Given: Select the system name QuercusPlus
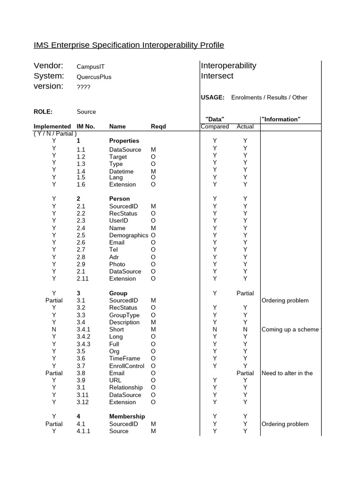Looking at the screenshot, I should tap(94, 77).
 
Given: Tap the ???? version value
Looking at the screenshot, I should tap(83, 87).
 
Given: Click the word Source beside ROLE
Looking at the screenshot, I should tap(86, 112).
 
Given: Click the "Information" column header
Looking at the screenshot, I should tap(281, 119).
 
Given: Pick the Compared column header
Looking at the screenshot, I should tap(215, 127).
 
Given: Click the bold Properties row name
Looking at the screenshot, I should tap(124, 141).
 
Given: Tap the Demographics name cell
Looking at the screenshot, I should tap(129, 235).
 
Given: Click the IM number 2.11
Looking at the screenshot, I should tap(83, 278).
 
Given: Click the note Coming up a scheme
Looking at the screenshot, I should tap(290, 330).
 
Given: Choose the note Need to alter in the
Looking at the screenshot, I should tap(287, 373).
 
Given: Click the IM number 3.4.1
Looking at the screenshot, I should tap(84, 330).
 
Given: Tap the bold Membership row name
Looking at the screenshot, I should tap(127, 416).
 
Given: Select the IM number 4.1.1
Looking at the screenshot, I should tap(84, 431).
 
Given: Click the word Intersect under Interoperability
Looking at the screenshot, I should tap(217, 76).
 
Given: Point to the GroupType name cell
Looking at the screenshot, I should tap(124, 315).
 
